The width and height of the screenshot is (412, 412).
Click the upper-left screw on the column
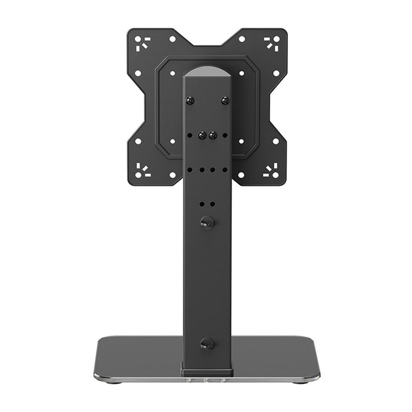click(x=189, y=101)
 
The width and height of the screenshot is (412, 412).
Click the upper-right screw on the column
click(x=225, y=101)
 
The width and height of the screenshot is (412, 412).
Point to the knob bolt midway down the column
click(x=207, y=222)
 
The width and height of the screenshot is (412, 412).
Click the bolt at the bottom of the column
click(x=207, y=343)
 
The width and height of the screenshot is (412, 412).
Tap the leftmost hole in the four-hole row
click(x=190, y=170)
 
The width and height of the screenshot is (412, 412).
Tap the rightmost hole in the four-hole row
click(x=224, y=170)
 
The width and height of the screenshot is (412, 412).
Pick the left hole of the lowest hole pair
click(x=202, y=204)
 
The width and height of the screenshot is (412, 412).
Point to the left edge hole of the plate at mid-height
click(x=138, y=141)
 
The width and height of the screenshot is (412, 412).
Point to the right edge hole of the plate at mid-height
click(x=277, y=141)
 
